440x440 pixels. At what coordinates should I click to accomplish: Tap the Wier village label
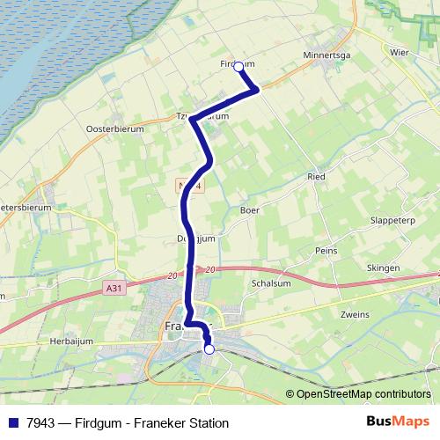click(399, 52)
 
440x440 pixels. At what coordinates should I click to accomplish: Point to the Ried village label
click(316, 177)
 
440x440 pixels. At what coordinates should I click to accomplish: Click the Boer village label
click(250, 210)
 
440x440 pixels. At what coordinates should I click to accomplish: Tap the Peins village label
click(326, 250)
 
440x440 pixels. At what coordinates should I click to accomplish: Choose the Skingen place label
click(383, 268)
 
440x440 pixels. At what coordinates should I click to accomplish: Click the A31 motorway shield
click(112, 288)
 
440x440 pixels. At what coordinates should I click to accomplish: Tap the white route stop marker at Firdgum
click(238, 66)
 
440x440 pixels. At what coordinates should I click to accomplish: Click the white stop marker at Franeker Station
click(209, 349)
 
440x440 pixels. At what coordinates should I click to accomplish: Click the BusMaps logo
click(398, 422)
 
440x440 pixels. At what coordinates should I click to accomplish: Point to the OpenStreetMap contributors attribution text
click(363, 394)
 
